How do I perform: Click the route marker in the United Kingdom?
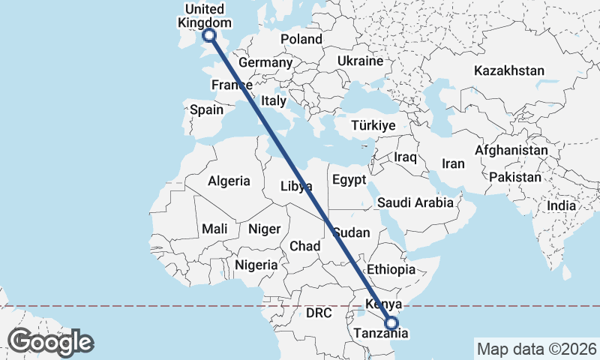click(x=209, y=35)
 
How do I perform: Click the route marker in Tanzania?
click(x=391, y=323)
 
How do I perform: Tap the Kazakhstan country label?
click(x=508, y=70)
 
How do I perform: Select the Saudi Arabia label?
click(x=415, y=202)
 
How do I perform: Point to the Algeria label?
click(x=229, y=181)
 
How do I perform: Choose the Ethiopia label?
click(x=390, y=269)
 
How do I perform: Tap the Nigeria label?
click(x=256, y=265)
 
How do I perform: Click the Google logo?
click(x=50, y=342)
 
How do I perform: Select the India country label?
click(x=561, y=205)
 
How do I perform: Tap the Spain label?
click(x=206, y=109)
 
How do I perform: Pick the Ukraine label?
click(x=360, y=61)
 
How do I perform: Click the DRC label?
click(x=319, y=313)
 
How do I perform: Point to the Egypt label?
click(x=349, y=180)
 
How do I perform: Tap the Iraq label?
click(x=405, y=157)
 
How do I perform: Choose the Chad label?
click(x=304, y=246)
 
